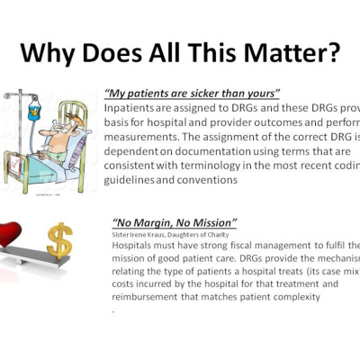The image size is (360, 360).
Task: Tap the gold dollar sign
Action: point(59,240)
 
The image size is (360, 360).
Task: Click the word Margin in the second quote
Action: point(157,221)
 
